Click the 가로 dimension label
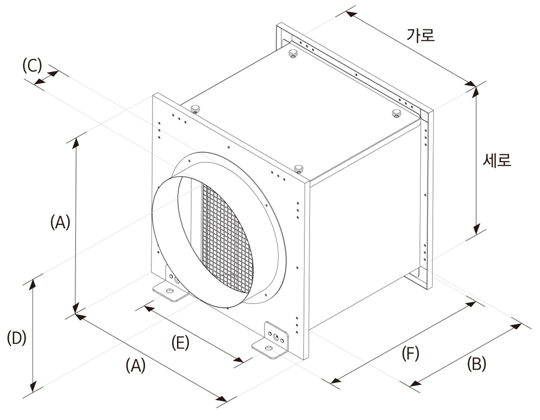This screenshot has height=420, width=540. (x=421, y=35)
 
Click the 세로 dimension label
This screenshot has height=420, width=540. (x=497, y=160)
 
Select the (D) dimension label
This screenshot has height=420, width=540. (x=17, y=338)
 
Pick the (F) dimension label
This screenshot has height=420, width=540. (x=410, y=354)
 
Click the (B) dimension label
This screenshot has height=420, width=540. (x=477, y=363)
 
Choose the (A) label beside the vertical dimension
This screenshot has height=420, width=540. (x=60, y=222)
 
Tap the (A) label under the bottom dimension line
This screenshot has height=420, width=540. (x=135, y=366)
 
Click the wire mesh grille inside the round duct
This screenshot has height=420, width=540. (x=226, y=235)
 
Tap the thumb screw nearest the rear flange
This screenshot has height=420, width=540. (x=293, y=53)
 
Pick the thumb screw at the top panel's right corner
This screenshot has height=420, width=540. (x=397, y=113)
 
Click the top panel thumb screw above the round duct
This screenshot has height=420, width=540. (x=299, y=169)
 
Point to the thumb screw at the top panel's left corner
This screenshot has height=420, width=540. (x=196, y=108)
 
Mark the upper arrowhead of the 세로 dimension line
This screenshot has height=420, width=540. (x=477, y=92)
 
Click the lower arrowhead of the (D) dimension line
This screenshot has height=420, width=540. (x=33, y=387)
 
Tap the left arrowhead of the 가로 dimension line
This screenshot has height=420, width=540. (x=351, y=14)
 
